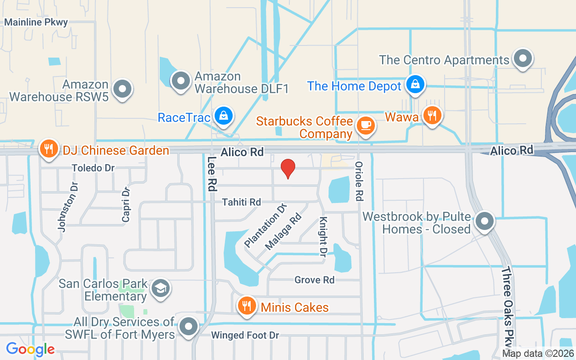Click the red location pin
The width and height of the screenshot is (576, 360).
[x=288, y=169]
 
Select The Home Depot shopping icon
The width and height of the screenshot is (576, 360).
[x=415, y=85]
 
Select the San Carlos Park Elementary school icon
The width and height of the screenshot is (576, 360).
[x=160, y=288]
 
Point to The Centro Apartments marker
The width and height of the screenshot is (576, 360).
[x=523, y=58]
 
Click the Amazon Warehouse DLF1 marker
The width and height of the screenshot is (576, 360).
[x=181, y=81]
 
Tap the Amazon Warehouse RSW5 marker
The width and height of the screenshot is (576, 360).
[x=122, y=89]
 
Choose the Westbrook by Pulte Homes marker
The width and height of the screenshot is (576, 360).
[x=484, y=221]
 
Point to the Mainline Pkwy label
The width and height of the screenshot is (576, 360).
[x=36, y=22]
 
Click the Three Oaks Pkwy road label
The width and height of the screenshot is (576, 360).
[x=508, y=306]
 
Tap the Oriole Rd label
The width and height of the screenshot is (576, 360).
[x=359, y=181]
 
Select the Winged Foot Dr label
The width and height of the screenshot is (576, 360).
[x=245, y=335]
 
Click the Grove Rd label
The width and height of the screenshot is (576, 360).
[x=315, y=280]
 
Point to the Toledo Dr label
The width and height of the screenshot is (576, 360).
[x=93, y=168]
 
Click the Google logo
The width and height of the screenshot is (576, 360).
[x=30, y=349]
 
